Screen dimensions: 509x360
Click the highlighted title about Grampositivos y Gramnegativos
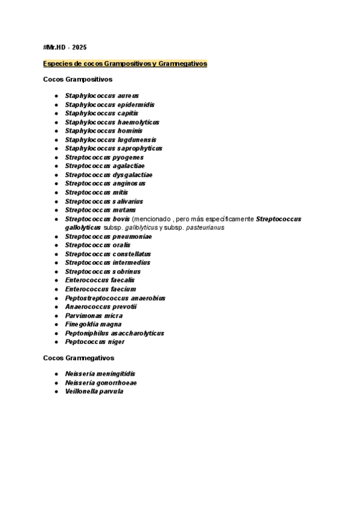125,63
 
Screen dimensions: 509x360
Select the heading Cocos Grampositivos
77,79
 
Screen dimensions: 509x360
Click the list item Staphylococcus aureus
101,95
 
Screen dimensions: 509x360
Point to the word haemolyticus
138,122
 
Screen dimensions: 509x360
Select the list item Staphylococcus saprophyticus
113,148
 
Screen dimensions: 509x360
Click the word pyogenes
128,157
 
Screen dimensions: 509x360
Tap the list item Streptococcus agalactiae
104,166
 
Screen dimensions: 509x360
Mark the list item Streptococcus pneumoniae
109,236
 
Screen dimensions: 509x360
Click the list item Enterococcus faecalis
100,280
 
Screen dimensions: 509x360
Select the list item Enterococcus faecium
100,289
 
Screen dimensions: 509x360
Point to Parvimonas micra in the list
94,316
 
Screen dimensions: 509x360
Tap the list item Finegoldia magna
94,324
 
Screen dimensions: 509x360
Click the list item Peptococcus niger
95,342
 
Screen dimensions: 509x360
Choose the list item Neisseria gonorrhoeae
101,382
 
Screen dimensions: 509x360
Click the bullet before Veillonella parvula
56,391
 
